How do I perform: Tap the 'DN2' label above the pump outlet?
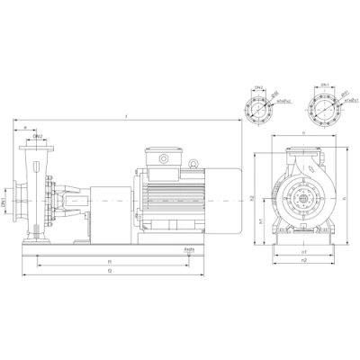[40, 136]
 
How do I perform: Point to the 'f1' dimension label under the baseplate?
[109, 261]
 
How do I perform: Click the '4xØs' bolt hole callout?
[190, 247]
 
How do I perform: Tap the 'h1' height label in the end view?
[262, 219]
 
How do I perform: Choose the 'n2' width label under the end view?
[303, 260]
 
